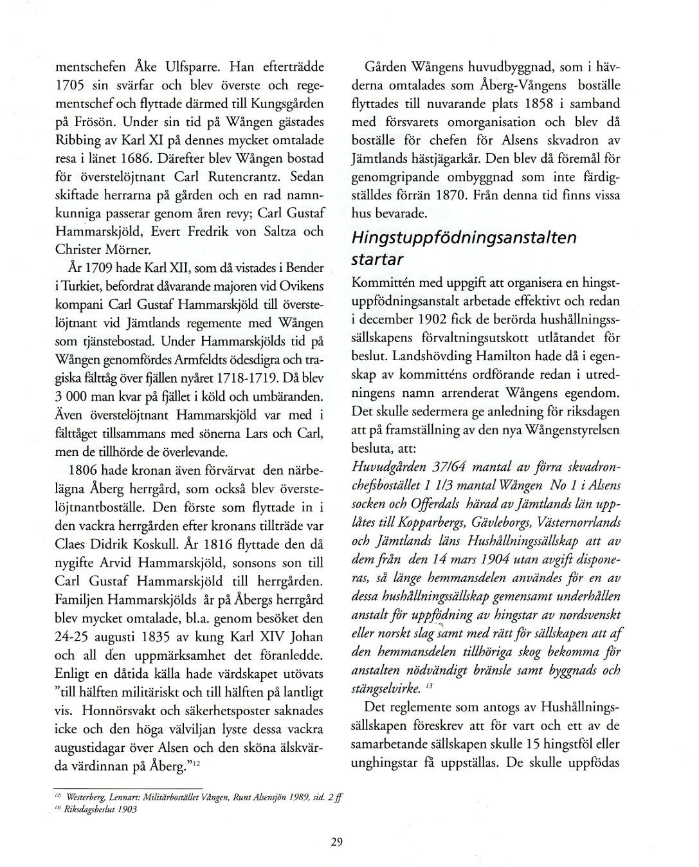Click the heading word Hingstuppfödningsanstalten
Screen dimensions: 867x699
pos(464,237)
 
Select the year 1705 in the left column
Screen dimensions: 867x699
pos(70,85)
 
